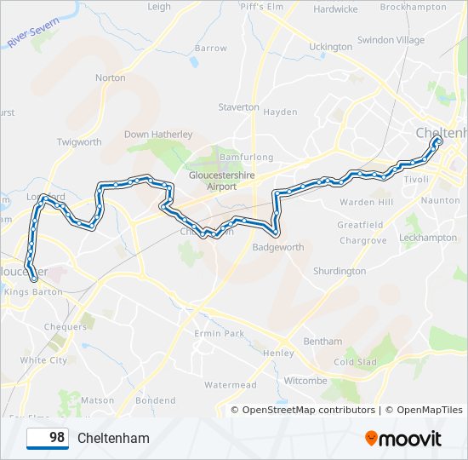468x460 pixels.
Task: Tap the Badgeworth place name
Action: (x=278, y=247)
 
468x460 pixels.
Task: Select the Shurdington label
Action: (x=340, y=271)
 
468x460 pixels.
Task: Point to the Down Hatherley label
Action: (x=158, y=135)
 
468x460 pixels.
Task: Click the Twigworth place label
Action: (x=79, y=142)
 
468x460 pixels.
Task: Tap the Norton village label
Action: (x=111, y=78)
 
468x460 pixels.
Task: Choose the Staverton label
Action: (x=238, y=107)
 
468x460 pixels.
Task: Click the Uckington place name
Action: (x=330, y=46)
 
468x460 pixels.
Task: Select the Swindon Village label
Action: (x=391, y=40)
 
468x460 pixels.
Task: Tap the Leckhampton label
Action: (x=427, y=238)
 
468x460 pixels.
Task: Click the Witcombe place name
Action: (x=305, y=380)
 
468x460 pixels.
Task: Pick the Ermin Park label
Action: (x=220, y=333)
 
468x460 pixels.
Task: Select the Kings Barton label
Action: (x=34, y=291)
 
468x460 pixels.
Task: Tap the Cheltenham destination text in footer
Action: (x=113, y=438)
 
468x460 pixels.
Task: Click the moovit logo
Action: (x=403, y=438)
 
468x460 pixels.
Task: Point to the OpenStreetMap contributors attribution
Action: (x=308, y=410)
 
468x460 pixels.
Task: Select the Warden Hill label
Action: (x=366, y=203)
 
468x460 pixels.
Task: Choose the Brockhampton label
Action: (x=413, y=7)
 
